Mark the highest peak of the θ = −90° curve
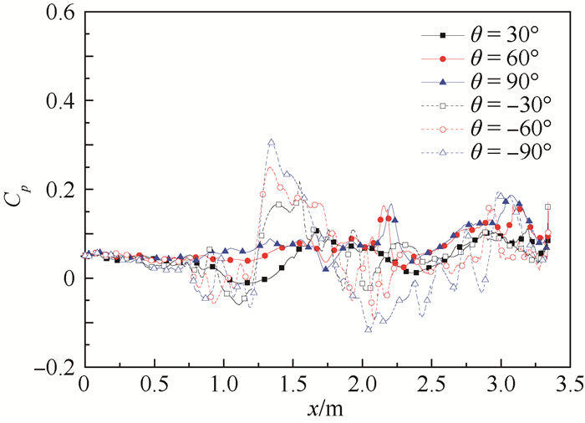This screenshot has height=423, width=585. [271, 142]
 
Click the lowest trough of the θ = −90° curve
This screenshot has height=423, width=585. [368, 329]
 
